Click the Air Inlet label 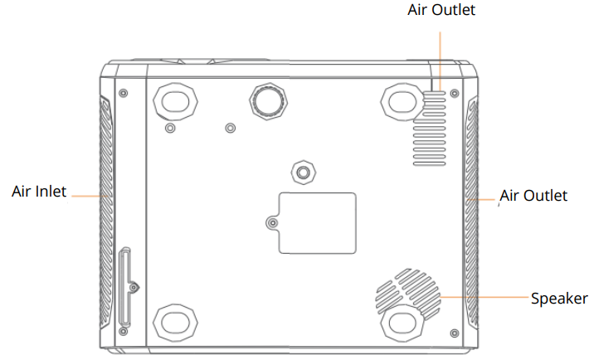tap(39, 191)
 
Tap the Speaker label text tap(559, 299)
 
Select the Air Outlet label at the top tap(441, 11)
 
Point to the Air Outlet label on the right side tap(534, 196)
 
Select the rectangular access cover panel tap(317, 222)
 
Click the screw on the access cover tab tap(273, 223)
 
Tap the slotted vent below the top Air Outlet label tap(432, 124)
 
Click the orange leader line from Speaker tap(485, 297)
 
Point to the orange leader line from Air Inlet tap(85, 196)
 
